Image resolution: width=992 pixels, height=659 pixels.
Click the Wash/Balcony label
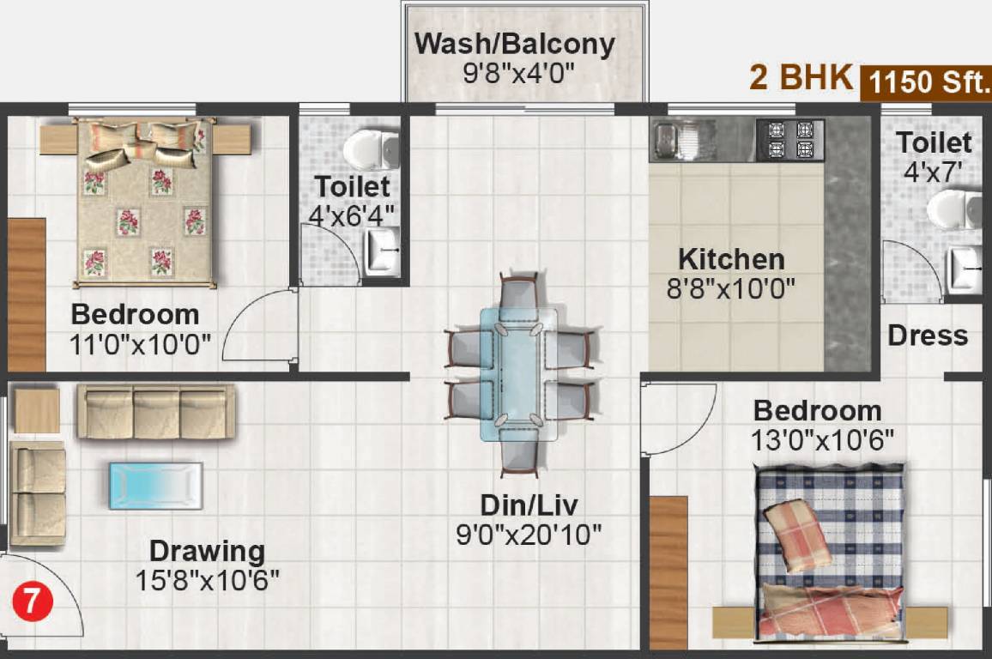(515, 44)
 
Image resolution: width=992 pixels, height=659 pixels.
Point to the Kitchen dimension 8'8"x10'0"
(731, 287)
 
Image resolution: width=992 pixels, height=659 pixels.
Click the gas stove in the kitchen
(789, 140)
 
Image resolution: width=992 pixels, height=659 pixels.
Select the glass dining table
(518, 374)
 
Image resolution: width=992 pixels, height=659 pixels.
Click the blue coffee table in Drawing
(155, 486)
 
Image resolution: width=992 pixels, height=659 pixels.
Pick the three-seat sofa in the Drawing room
(155, 411)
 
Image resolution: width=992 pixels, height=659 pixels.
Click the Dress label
(928, 336)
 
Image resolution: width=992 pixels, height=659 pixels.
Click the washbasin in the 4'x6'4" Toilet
(382, 252)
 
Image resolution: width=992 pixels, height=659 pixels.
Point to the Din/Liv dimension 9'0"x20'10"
(529, 535)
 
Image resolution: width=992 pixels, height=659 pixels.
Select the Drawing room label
(207, 550)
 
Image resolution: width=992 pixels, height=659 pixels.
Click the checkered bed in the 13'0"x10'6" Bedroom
(830, 553)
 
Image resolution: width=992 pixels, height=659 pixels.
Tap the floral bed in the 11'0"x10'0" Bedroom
(142, 202)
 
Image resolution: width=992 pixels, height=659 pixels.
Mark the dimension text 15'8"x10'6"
(207, 581)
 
